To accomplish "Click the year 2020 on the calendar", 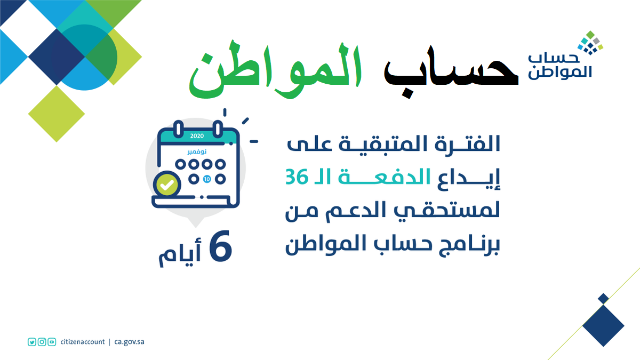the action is click(x=197, y=136).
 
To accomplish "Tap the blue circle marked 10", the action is click(x=207, y=179).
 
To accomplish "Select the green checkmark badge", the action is click(x=167, y=185).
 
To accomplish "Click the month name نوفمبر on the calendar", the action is click(x=197, y=151).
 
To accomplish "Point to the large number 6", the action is click(x=220, y=246).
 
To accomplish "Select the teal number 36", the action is click(x=297, y=177).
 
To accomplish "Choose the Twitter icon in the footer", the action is click(x=31, y=342).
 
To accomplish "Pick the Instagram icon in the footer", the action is click(x=42, y=342).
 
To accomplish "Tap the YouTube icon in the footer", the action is click(x=52, y=342).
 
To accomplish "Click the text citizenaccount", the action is click(x=83, y=342).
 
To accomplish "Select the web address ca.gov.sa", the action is click(x=129, y=342).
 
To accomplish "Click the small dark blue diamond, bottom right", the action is click(x=603, y=299).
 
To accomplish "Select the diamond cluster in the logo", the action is click(x=590, y=43).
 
